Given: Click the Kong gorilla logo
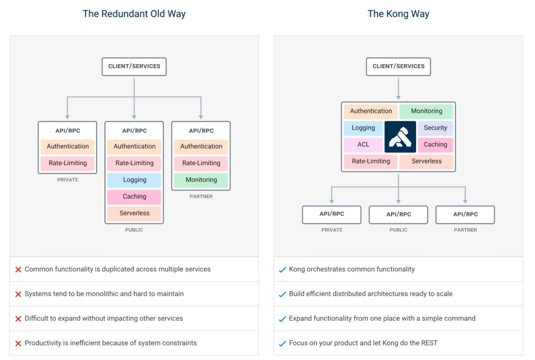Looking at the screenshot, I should pyautogui.click(x=400, y=137).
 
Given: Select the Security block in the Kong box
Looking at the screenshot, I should pyautogui.click(x=435, y=128).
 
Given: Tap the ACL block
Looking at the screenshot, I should pyautogui.click(x=363, y=145).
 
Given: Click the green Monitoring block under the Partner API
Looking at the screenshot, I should pyautogui.click(x=201, y=180).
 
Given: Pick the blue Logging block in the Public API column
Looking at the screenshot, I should pyautogui.click(x=134, y=180).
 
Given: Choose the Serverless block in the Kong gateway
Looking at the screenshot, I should pyautogui.click(x=426, y=161).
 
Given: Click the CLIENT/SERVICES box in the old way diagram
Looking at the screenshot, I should pyautogui.click(x=134, y=66).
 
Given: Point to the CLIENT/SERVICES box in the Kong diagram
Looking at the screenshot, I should pyautogui.click(x=398, y=66).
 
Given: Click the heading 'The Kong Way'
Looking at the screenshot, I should pyautogui.click(x=398, y=14).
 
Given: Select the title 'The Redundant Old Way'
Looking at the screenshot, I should pyautogui.click(x=134, y=14).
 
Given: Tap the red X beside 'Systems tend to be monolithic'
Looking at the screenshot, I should pyautogui.click(x=18, y=294).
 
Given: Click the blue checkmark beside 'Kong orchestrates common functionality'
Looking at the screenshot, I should pyautogui.click(x=282, y=270).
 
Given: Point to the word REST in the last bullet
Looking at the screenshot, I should pyautogui.click(x=428, y=343).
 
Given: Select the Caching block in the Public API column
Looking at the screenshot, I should pyautogui.click(x=134, y=197).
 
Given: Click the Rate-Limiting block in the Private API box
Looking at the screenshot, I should pyautogui.click(x=67, y=163).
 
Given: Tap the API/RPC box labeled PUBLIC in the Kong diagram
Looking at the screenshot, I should pyautogui.click(x=398, y=215).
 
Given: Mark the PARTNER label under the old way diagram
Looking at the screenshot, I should pyautogui.click(x=201, y=196).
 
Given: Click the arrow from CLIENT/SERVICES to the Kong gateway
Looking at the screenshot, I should pyautogui.click(x=398, y=88).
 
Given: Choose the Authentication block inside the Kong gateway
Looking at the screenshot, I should pyautogui.click(x=370, y=111).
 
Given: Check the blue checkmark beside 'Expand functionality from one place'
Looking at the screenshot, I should pyautogui.click(x=282, y=319).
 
